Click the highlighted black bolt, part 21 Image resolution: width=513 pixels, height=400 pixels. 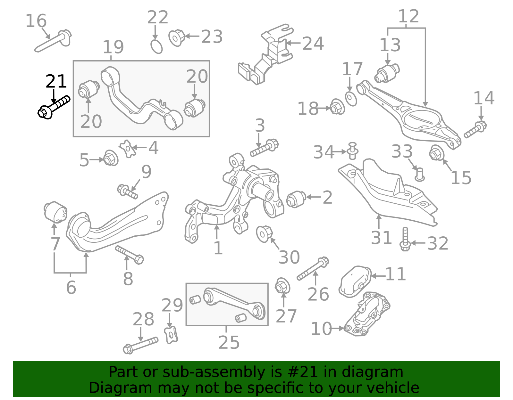coord(54,107)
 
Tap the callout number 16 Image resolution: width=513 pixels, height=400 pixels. coord(36,21)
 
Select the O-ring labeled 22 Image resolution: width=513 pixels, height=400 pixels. coord(156,47)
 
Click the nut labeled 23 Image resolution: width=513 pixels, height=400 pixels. coord(176,38)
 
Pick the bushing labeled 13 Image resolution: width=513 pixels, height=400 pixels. coord(387,73)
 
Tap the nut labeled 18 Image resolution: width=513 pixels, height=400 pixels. coord(337,107)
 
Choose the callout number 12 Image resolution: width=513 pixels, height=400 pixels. coord(408,17)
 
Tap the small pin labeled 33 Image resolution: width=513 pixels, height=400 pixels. coord(419,174)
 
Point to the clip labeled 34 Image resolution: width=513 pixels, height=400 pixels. coord(352,151)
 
